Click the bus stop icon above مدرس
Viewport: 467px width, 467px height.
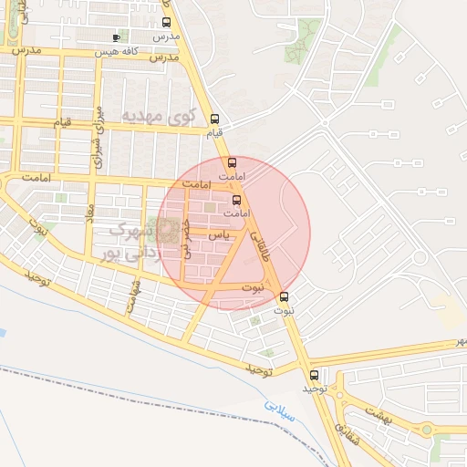[x=165, y=23]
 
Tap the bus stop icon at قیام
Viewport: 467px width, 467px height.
[x=215, y=119]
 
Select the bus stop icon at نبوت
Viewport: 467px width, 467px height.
[x=284, y=296]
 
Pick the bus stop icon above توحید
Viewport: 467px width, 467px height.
[x=315, y=375]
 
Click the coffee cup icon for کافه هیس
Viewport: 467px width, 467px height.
[x=115, y=38]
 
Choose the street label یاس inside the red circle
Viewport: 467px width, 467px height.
[x=219, y=235]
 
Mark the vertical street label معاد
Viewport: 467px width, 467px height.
[x=89, y=222]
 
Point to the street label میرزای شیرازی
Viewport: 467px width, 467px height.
[x=95, y=138]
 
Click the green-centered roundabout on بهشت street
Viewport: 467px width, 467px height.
[x=425, y=430]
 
